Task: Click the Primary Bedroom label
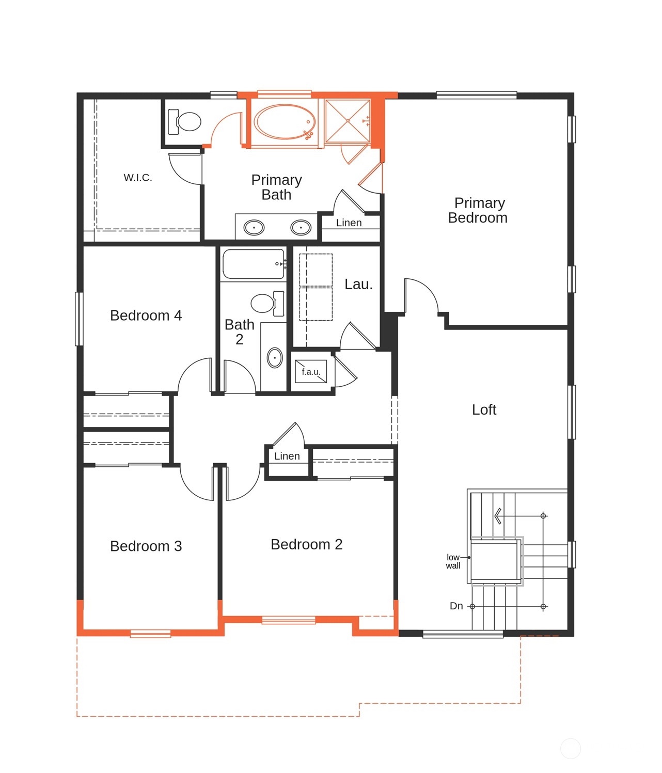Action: click(x=478, y=210)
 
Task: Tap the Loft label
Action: click(x=484, y=409)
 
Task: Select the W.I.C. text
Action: click(x=138, y=178)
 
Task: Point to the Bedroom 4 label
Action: click(x=146, y=315)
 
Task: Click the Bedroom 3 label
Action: click(x=146, y=546)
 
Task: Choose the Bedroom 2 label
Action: click(x=306, y=544)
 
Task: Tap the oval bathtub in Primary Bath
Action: click(x=285, y=122)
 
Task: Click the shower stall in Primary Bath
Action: click(x=348, y=121)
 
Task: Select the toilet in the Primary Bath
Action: click(x=185, y=122)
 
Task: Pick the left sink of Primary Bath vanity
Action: click(x=254, y=227)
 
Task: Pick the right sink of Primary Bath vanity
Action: click(x=301, y=227)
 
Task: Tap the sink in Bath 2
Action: click(x=275, y=357)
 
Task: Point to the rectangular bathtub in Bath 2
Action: click(x=254, y=264)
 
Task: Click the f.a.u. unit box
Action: click(x=310, y=371)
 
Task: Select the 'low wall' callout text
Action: click(x=453, y=561)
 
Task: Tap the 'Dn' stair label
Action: click(x=456, y=606)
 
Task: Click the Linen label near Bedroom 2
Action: click(x=287, y=456)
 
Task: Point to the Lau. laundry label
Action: click(x=358, y=284)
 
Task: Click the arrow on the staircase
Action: click(x=498, y=515)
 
